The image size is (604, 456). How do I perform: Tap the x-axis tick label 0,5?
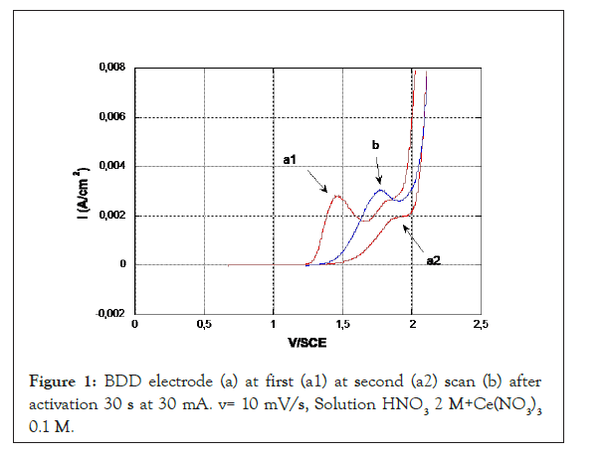tap(204, 325)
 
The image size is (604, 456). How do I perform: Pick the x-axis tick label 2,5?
tap(480, 325)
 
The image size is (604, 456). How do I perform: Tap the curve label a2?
tap(434, 259)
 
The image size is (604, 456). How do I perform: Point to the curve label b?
tap(375, 146)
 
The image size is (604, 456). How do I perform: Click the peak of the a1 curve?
tap(337, 196)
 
